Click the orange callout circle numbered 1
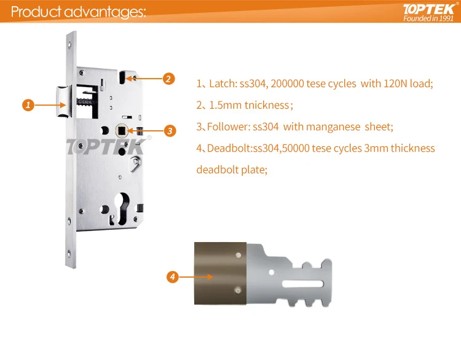[27, 105]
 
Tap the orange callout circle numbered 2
[169, 79]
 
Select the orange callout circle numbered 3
[170, 130]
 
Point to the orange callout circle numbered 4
[173, 277]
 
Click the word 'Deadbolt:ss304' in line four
[241, 149]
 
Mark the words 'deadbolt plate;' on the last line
[232, 170]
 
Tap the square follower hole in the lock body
[122, 130]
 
